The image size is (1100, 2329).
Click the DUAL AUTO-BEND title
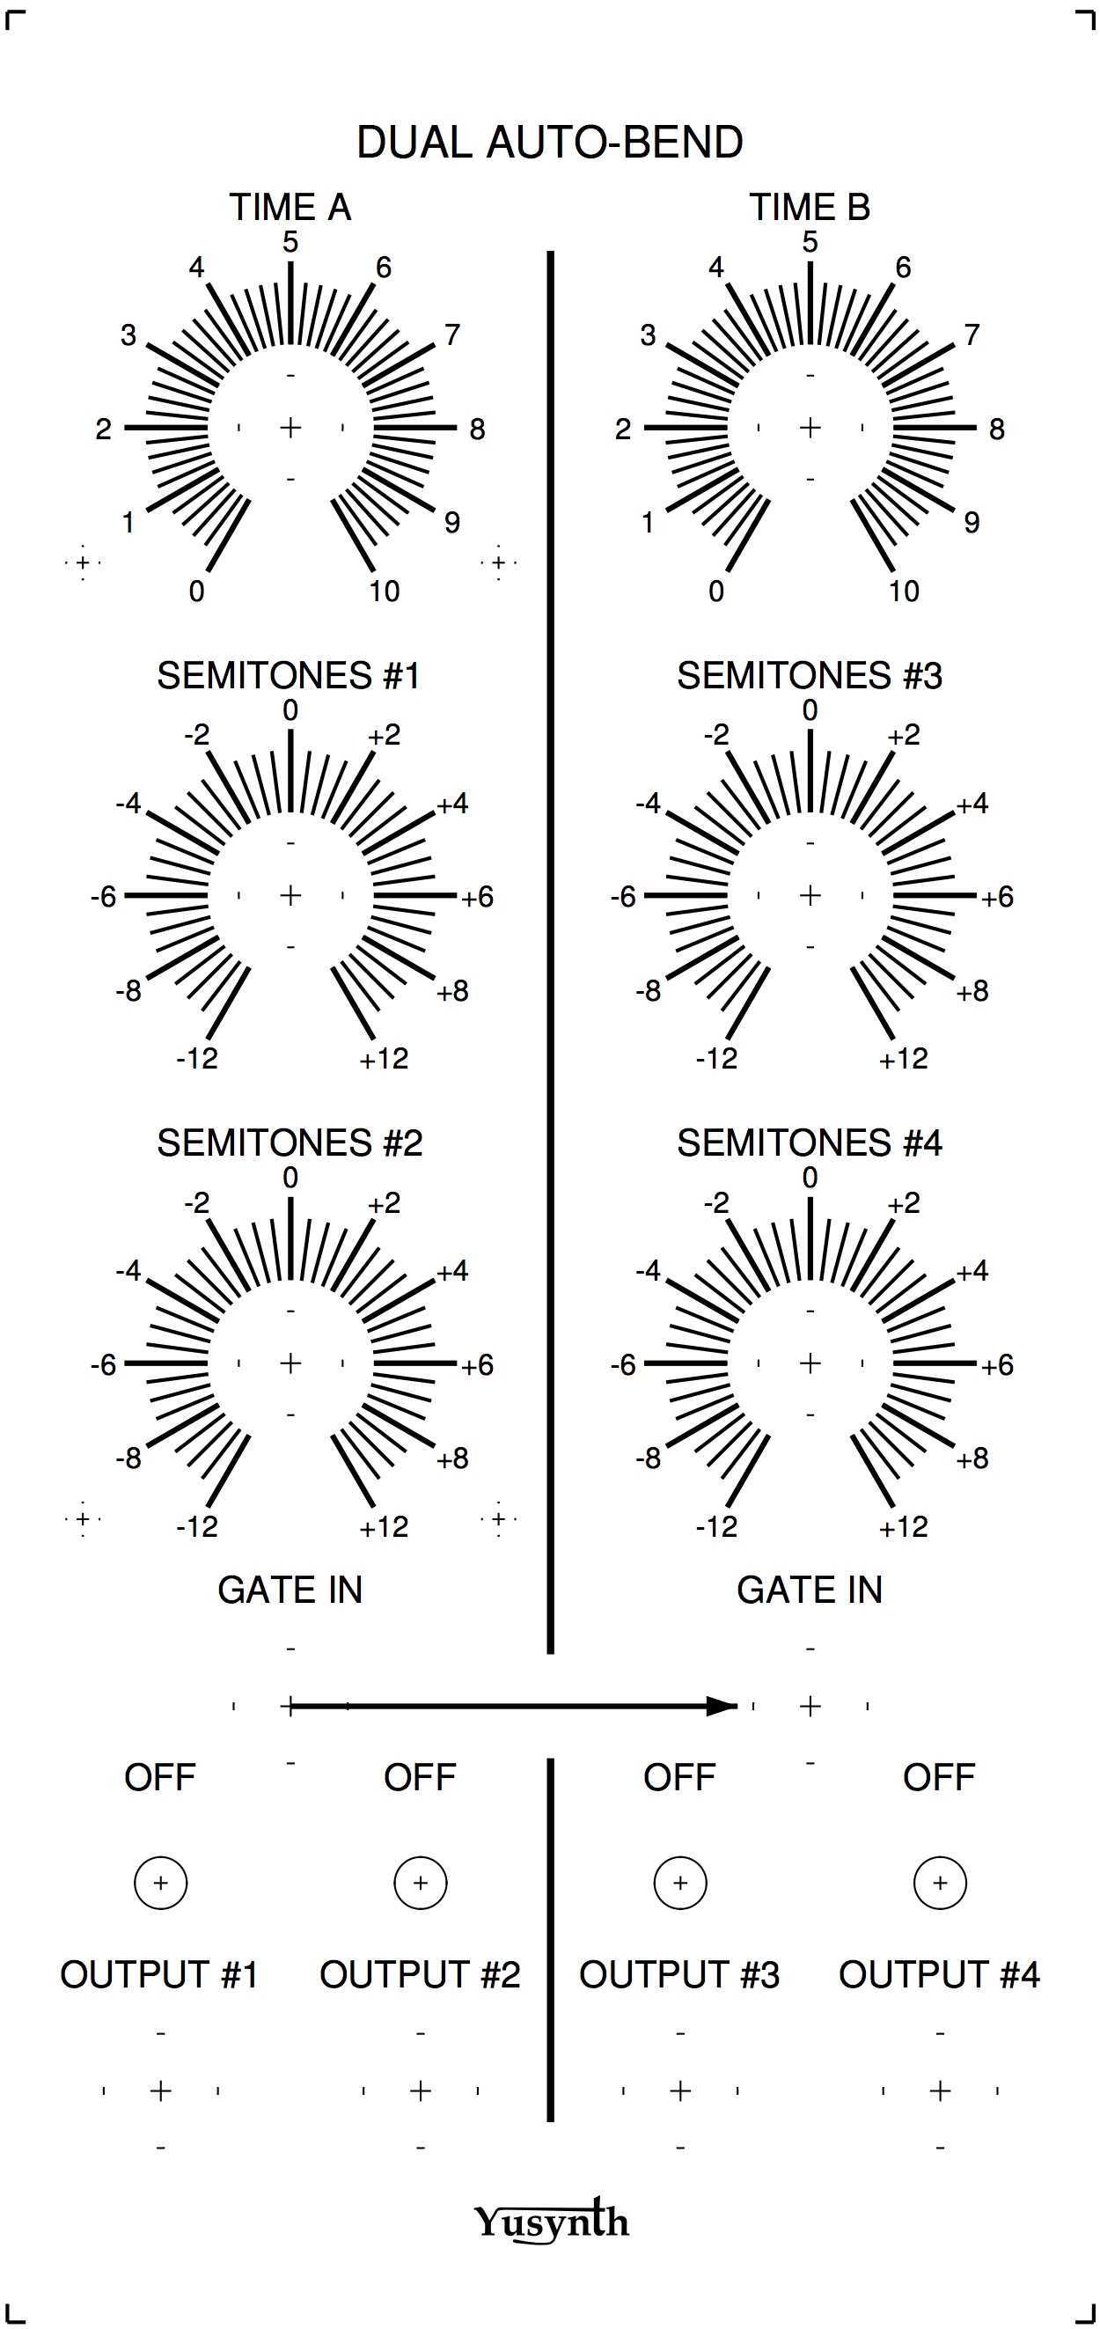(x=549, y=143)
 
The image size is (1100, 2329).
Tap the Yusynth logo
(x=552, y=2221)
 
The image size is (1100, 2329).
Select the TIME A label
(x=290, y=208)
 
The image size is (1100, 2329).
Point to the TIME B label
(x=809, y=208)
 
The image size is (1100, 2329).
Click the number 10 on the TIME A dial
(x=385, y=591)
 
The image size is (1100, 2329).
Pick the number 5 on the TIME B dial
(x=810, y=242)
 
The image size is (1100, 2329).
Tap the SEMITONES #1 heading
(x=290, y=676)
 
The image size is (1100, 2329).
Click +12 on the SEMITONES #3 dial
(x=903, y=1059)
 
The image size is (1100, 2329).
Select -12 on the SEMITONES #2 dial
(x=197, y=1527)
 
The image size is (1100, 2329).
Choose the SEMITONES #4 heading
(x=809, y=1143)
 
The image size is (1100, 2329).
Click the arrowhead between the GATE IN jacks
(x=722, y=1706)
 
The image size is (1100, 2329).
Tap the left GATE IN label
(x=290, y=1591)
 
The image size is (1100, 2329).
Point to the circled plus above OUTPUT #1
(x=160, y=1884)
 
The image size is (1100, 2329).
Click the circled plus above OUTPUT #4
(x=940, y=1884)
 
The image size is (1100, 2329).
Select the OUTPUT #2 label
(x=420, y=1975)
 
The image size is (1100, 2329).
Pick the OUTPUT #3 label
(x=678, y=1975)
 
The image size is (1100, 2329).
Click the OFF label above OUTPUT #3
(x=678, y=1777)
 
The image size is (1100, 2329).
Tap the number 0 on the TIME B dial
(x=715, y=591)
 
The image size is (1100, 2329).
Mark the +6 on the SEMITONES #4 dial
(x=997, y=1365)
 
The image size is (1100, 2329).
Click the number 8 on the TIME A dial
(x=477, y=430)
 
